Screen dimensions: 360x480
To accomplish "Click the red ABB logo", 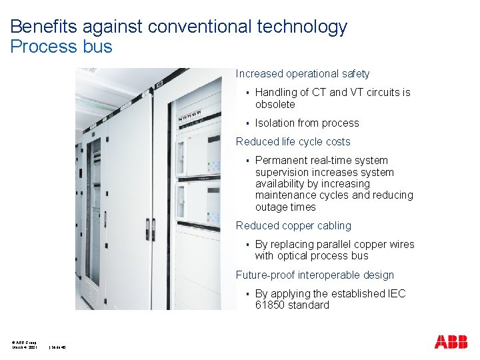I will (x=451, y=342).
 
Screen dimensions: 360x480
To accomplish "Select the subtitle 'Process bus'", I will (x=61, y=47).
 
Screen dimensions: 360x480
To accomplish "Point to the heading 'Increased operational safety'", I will (x=302, y=74).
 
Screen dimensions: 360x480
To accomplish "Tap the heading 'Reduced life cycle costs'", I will (x=293, y=141).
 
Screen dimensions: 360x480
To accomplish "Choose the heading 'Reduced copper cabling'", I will (x=293, y=226).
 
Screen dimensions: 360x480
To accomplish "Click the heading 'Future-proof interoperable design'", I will (x=315, y=275).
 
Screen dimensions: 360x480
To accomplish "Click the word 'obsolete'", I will (x=275, y=105).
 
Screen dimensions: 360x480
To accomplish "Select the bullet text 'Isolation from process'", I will (x=307, y=123).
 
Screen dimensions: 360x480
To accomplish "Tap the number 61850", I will (x=269, y=305).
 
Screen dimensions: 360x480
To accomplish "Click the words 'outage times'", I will (x=285, y=207).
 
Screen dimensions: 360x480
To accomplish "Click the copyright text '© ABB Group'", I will (x=24, y=342).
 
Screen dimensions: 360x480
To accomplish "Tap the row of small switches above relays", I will (x=190, y=116).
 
